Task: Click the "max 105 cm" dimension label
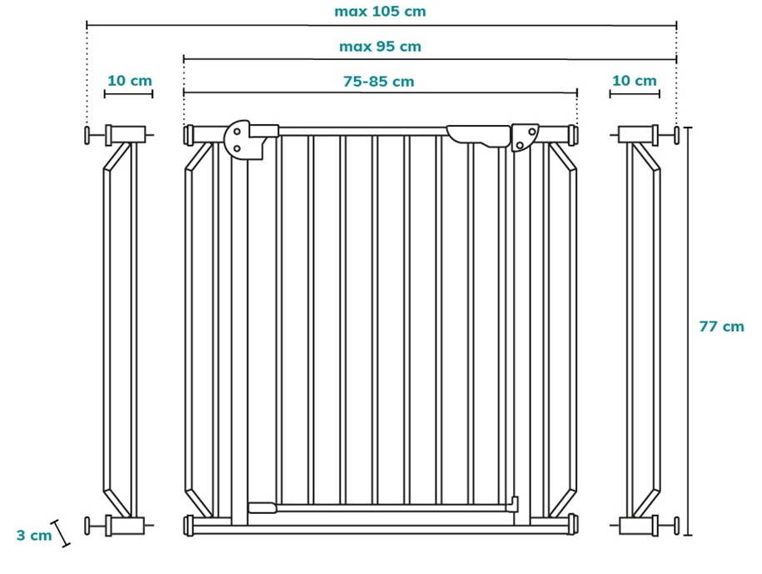click(x=380, y=11)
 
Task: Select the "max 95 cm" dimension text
click(x=380, y=47)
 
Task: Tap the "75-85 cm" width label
click(x=379, y=81)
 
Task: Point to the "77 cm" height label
click(x=722, y=326)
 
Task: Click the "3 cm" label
click(x=34, y=535)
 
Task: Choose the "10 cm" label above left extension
click(x=130, y=80)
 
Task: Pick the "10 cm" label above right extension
click(x=635, y=80)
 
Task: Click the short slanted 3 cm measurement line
click(x=62, y=533)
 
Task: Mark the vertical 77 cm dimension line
click(x=688, y=331)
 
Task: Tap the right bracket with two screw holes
click(x=525, y=137)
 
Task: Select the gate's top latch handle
click(x=478, y=136)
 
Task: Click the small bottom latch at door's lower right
click(x=513, y=504)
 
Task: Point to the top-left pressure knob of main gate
click(x=188, y=135)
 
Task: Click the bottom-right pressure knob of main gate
click(x=574, y=524)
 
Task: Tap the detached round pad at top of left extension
click(x=87, y=135)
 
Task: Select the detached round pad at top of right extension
click(x=676, y=135)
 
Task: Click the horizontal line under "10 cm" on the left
click(x=129, y=94)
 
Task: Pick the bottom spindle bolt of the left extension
click(x=98, y=526)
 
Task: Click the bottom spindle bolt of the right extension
click(x=665, y=526)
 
